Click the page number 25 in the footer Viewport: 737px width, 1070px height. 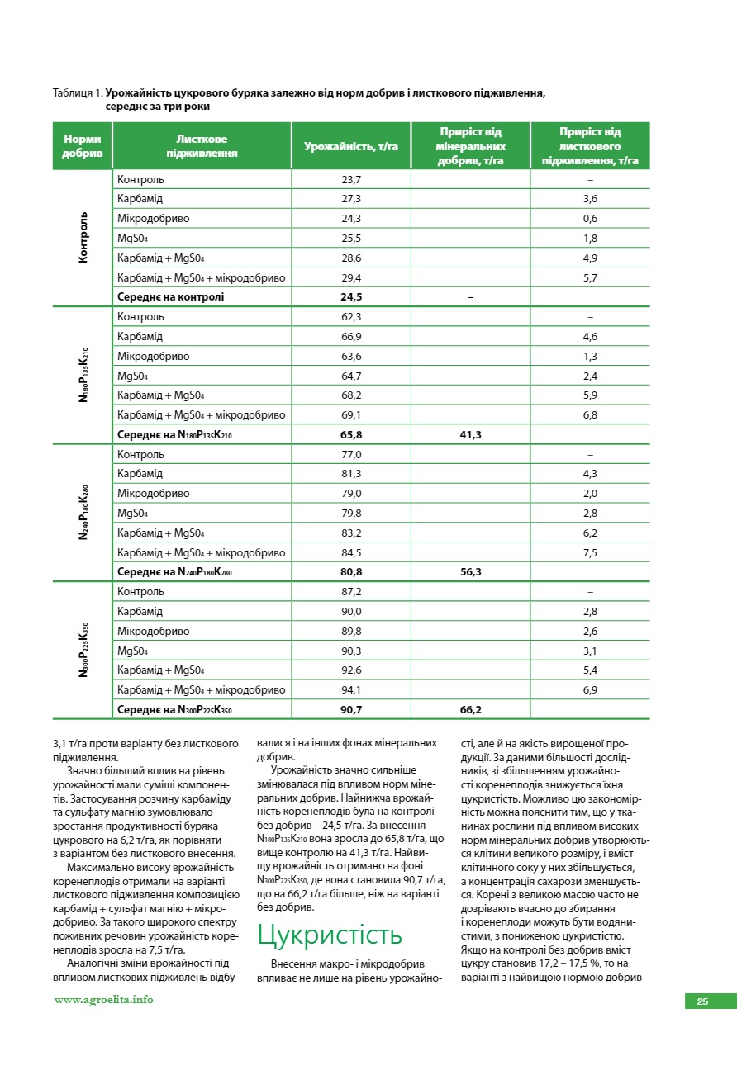702,1001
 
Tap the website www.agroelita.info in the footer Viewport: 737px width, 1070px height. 103,999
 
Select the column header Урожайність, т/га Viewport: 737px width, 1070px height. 351,146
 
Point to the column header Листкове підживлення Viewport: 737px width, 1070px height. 202,146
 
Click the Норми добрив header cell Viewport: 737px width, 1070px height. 83,146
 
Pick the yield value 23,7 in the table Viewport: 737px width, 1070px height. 351,179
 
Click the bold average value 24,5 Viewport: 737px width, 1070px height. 351,297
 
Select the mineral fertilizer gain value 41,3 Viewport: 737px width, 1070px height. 470,434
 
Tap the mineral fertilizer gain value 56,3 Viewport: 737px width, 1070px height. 470,571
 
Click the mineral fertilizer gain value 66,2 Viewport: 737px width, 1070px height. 470,709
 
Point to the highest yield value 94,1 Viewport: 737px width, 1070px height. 351,689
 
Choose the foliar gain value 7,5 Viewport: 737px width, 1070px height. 590,552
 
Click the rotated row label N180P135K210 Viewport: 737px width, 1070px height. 83,375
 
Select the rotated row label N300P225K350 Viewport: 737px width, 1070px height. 83,650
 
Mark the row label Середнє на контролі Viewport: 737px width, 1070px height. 171,297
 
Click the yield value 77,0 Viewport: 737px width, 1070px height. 351,454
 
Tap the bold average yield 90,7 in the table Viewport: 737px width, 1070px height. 351,709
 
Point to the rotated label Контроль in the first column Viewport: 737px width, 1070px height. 83,238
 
